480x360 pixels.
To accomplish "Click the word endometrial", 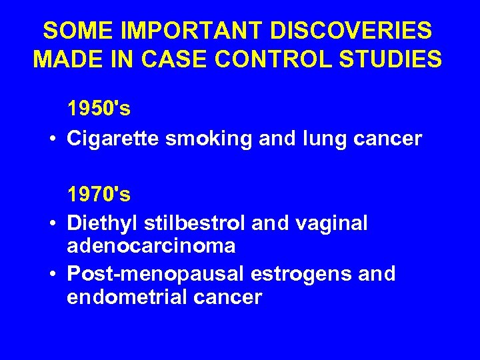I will pyautogui.click(x=127, y=297).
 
